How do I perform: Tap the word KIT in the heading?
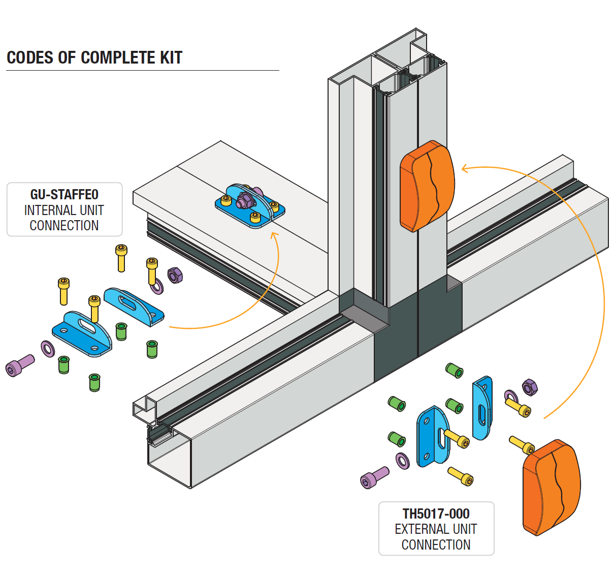171,58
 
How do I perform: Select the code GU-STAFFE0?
64,195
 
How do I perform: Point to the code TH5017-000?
436,514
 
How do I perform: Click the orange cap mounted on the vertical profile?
427,186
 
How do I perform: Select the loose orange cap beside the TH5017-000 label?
551,487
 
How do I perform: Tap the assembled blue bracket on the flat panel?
249,206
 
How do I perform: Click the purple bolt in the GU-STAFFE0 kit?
20,366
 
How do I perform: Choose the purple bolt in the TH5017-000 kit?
374,477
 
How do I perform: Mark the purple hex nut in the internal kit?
175,275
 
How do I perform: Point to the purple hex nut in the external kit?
529,387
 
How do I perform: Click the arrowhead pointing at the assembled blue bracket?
274,234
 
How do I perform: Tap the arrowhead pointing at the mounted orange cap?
464,169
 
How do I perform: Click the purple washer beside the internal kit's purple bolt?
48,349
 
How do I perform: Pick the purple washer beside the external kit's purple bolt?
403,461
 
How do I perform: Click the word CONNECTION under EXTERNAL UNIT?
436,545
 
